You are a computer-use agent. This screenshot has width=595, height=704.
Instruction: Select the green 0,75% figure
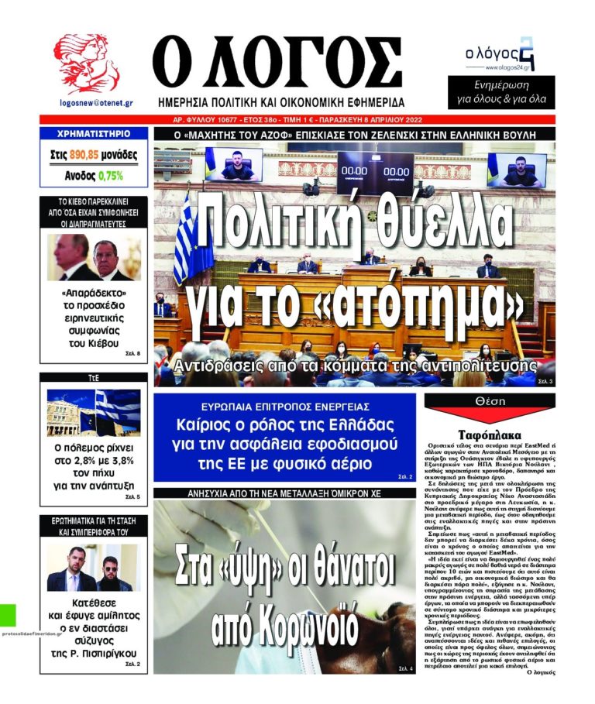110,176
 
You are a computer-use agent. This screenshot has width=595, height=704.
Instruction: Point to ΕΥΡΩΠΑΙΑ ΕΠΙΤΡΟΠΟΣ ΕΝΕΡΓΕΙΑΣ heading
286,407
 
